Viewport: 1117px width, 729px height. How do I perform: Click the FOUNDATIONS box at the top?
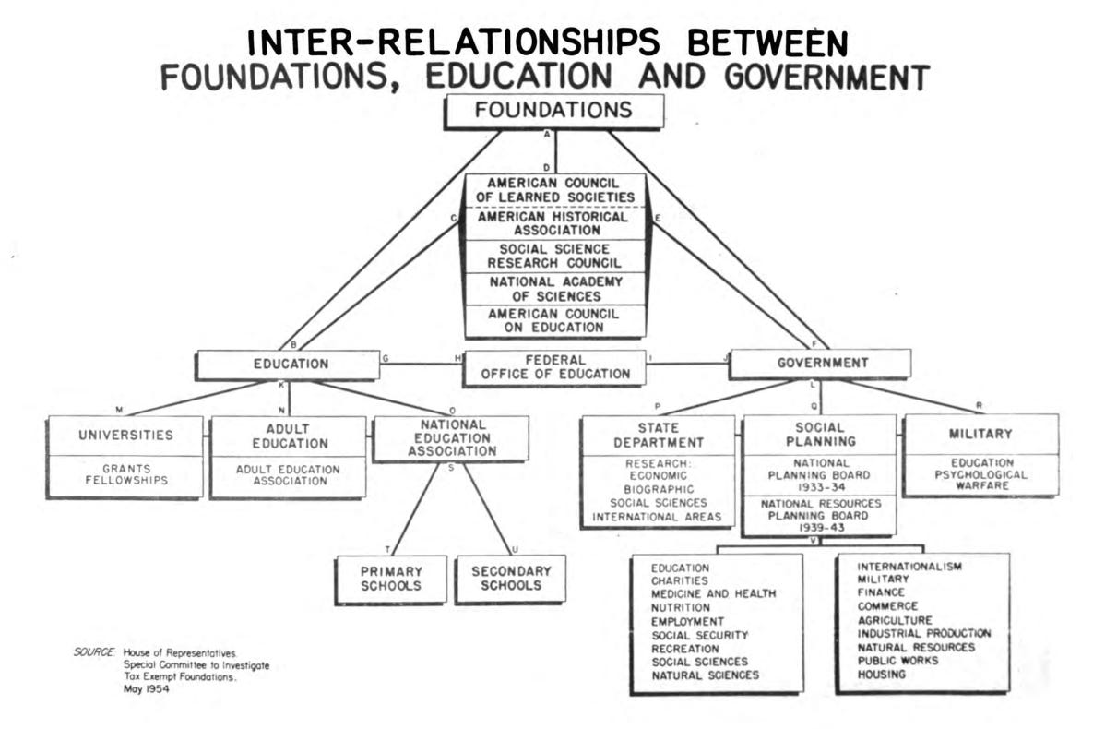pos(553,111)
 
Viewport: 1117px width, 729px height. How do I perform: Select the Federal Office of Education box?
pos(554,366)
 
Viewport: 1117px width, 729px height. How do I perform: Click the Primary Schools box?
pos(391,579)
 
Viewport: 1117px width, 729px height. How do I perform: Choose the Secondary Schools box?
pos(510,579)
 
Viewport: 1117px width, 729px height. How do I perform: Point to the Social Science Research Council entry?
pos(554,257)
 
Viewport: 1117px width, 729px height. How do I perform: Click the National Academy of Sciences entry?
pos(554,289)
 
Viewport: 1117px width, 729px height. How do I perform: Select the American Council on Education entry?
pos(554,320)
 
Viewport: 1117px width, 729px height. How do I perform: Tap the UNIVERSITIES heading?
pos(125,435)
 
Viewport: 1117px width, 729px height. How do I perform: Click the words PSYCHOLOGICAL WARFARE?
pos(980,480)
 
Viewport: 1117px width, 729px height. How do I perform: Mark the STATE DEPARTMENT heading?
pos(659,436)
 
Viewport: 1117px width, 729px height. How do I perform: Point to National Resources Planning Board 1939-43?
pos(819,516)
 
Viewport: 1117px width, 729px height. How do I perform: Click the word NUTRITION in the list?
pos(681,608)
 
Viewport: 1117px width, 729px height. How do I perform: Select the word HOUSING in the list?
pos(882,675)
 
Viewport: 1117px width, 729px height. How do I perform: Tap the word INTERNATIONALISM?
pos(909,566)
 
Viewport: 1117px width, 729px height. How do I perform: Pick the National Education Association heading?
pos(451,438)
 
